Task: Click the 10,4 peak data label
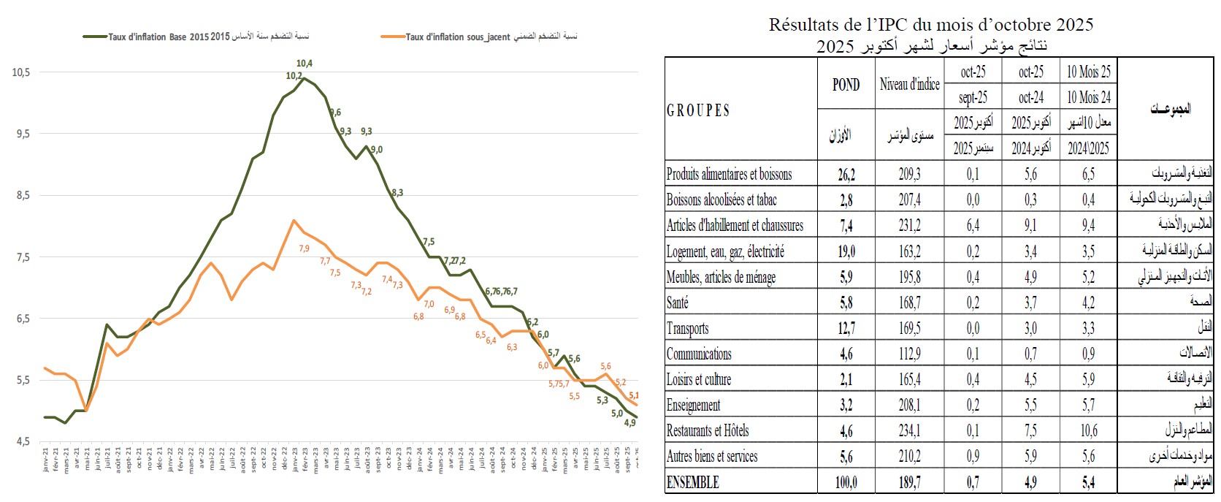(305, 64)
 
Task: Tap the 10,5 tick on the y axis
(20, 72)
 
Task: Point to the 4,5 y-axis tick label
(20, 441)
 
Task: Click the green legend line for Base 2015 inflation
(95, 37)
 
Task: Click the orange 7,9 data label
(305, 248)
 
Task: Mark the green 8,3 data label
(397, 193)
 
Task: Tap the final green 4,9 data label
(629, 422)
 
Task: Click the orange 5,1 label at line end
(634, 395)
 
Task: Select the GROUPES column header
(697, 110)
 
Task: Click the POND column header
(846, 85)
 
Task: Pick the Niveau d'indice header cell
(909, 85)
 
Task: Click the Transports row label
(687, 329)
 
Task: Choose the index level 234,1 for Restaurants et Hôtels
(909, 431)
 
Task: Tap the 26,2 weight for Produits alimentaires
(846, 175)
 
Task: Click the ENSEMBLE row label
(692, 482)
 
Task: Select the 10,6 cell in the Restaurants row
(1088, 431)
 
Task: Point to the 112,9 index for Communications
(909, 354)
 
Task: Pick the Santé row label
(677, 303)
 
